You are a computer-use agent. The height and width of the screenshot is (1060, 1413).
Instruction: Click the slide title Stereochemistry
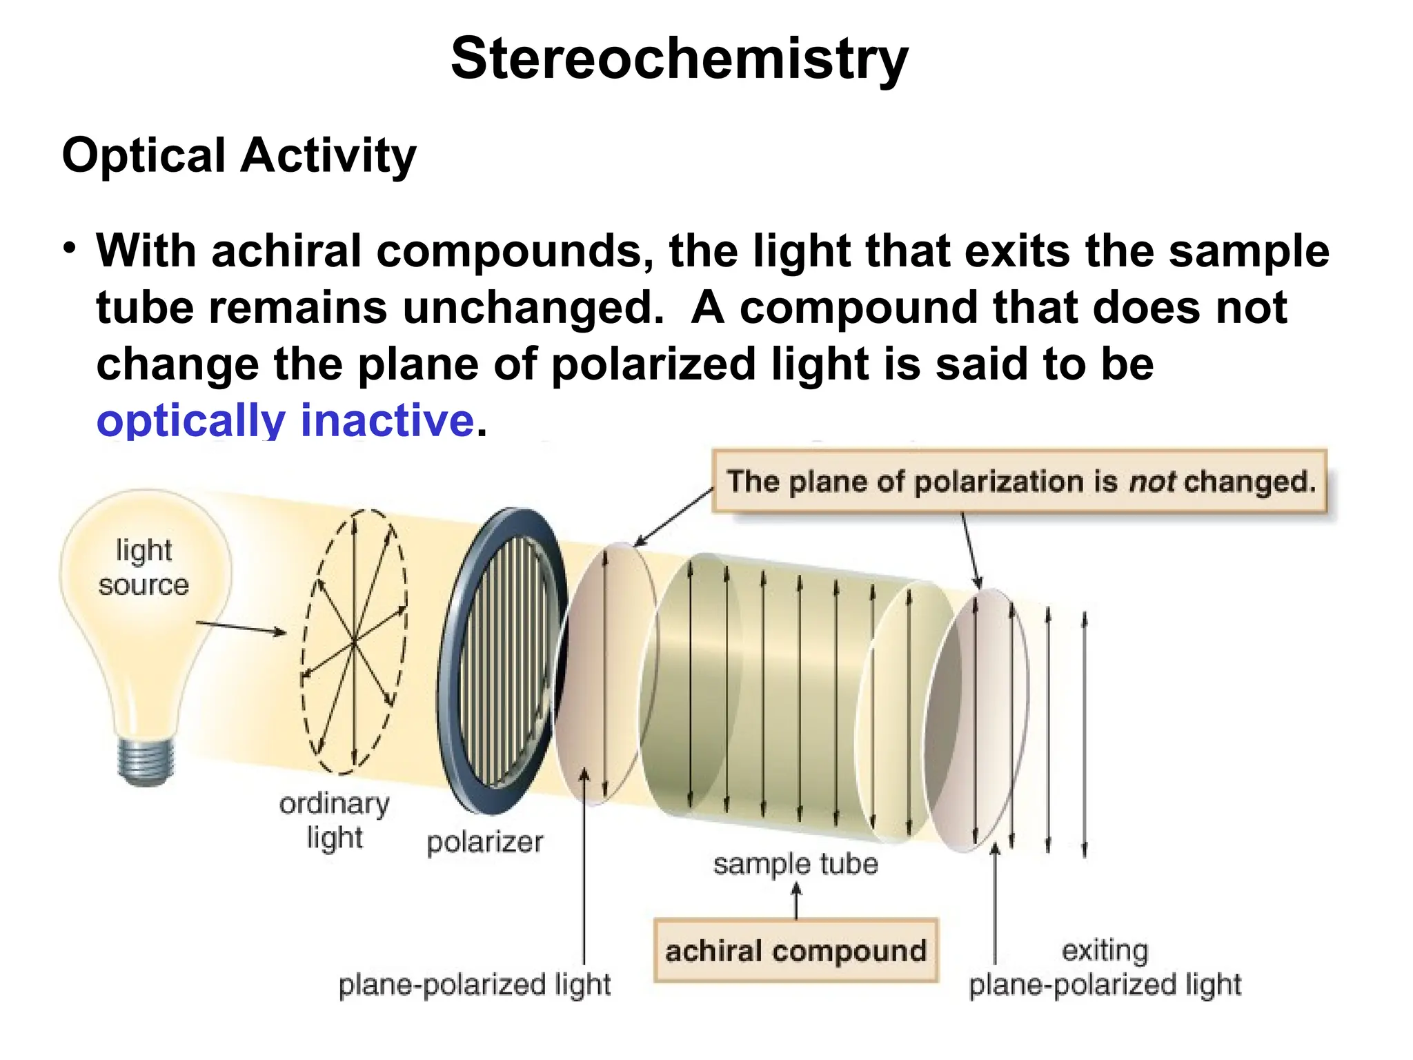(x=680, y=59)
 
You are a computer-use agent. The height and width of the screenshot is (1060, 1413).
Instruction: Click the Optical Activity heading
(x=239, y=155)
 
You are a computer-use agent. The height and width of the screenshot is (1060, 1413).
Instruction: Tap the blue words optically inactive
(x=285, y=420)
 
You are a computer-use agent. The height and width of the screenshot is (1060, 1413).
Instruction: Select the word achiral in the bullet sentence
(x=286, y=251)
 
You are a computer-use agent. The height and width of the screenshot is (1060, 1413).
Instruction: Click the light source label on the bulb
(x=144, y=567)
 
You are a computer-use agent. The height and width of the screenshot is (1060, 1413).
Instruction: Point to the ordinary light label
(x=335, y=820)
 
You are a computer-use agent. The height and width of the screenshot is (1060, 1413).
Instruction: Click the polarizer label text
(x=484, y=842)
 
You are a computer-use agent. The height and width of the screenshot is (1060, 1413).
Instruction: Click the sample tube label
(x=795, y=864)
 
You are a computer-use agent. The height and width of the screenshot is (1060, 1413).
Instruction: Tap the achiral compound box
(x=795, y=951)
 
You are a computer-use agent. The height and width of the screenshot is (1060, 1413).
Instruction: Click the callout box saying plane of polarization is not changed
(x=1020, y=481)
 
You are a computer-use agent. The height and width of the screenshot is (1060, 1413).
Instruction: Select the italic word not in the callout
(x=1152, y=481)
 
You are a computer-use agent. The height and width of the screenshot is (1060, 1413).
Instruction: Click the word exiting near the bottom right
(x=1105, y=950)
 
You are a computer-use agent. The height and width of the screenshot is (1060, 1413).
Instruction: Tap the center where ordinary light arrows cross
(x=354, y=642)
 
